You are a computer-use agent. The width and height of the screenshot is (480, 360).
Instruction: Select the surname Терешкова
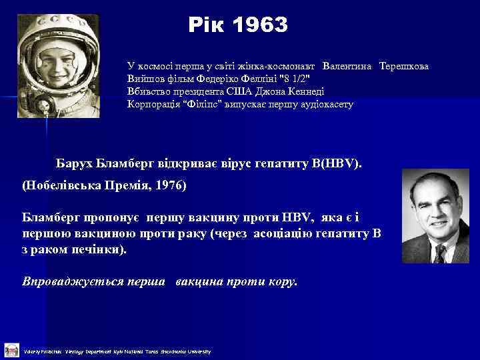coord(404,67)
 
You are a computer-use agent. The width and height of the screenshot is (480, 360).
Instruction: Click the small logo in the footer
coord(10,350)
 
